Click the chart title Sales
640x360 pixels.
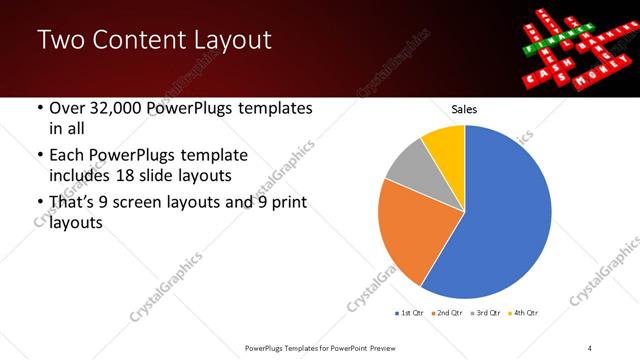tap(464, 109)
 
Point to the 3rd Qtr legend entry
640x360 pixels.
tap(486, 313)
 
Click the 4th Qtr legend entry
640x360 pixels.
tap(523, 313)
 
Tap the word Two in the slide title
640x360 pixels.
tap(60, 40)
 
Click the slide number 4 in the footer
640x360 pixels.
tap(590, 347)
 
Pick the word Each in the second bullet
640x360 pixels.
tap(68, 155)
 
